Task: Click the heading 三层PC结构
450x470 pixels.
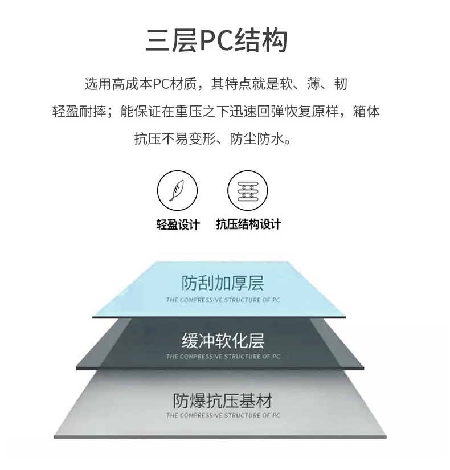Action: tap(216, 42)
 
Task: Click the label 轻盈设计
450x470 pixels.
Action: tap(178, 224)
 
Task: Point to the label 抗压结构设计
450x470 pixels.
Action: tap(248, 224)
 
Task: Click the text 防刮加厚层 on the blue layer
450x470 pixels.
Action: tap(223, 283)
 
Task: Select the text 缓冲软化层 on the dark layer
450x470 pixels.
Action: tap(223, 341)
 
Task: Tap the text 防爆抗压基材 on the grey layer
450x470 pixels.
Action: tap(223, 400)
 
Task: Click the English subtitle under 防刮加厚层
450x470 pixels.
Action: tap(223, 299)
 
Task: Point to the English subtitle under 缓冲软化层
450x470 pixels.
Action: tap(223, 357)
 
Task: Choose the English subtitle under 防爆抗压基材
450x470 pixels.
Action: tap(223, 416)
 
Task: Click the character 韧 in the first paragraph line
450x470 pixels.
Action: tap(340, 84)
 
